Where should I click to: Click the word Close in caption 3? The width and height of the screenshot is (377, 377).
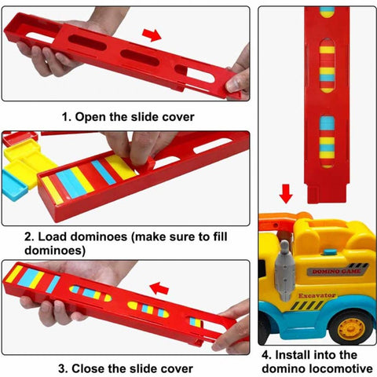point(93,368)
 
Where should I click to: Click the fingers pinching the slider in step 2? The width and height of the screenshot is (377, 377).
point(134,149)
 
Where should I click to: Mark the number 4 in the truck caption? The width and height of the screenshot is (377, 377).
point(267,354)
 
